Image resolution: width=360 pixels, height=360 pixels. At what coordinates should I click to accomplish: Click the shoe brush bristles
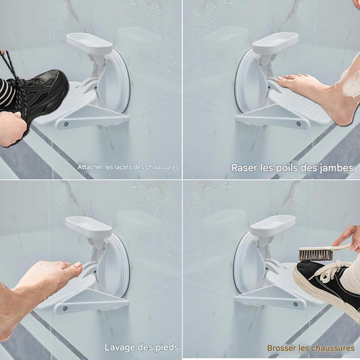coord(315,255)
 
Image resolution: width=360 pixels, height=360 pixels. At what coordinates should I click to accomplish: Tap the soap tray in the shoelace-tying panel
coord(90,43)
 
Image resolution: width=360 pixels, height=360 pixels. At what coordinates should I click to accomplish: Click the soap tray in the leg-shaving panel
coord(275,43)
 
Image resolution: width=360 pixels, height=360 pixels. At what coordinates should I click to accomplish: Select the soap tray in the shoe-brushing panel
coord(273,226)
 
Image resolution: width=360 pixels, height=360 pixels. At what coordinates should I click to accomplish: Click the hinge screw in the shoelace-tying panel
coord(66,124)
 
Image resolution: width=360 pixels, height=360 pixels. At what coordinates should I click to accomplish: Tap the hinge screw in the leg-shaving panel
coord(299,124)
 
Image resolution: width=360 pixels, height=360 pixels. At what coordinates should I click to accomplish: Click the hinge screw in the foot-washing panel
coord(66,309)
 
